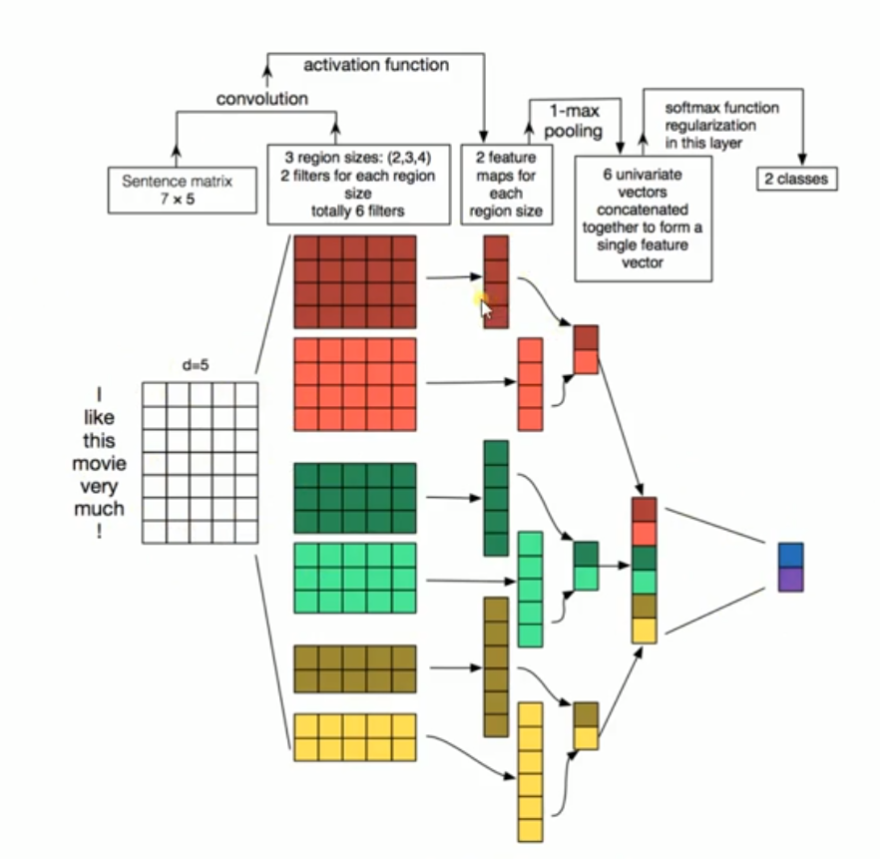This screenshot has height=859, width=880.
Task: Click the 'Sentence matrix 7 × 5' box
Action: click(176, 190)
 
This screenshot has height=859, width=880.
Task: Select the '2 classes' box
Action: click(796, 180)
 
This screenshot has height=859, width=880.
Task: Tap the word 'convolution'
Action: click(262, 99)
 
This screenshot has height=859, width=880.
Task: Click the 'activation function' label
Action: click(375, 66)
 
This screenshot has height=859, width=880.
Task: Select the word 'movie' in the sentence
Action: click(99, 464)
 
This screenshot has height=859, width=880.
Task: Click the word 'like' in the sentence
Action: click(99, 418)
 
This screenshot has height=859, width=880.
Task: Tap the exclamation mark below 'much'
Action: click(99, 532)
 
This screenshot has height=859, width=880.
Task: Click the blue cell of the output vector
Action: click(790, 555)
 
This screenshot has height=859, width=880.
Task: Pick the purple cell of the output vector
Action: click(790, 579)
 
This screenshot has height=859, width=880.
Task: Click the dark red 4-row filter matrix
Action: click(354, 282)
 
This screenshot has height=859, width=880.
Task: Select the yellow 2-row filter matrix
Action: click(354, 736)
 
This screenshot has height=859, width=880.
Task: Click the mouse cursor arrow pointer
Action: click(486, 306)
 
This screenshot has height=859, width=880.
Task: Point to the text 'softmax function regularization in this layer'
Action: click(710, 126)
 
